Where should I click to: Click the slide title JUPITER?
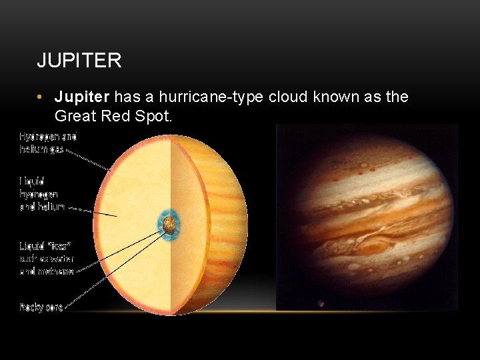tap(79, 61)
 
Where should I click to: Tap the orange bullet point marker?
tap(41, 98)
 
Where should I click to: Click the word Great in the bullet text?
tap(74, 116)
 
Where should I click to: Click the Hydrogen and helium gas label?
tap(48, 143)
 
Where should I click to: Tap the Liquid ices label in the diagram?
tap(47, 258)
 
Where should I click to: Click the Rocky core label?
tap(41, 307)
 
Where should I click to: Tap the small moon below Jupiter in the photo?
tap(321, 303)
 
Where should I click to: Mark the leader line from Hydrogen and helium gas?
tap(87, 159)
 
